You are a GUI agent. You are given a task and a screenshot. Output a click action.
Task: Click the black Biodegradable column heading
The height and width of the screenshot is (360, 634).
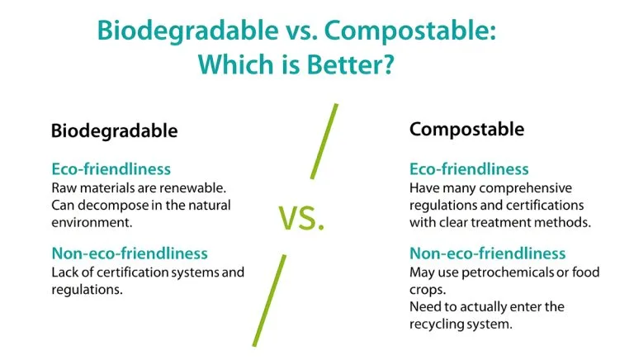pos(114,130)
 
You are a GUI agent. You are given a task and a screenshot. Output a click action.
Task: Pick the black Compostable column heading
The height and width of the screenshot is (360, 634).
pos(466,129)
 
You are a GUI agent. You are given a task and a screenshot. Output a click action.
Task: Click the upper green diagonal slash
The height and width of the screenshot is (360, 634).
pos(324,140)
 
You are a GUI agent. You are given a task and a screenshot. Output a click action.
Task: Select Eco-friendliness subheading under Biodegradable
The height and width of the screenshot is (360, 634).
pos(111,169)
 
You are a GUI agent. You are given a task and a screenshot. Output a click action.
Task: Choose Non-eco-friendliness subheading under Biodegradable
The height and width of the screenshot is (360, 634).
pos(129,253)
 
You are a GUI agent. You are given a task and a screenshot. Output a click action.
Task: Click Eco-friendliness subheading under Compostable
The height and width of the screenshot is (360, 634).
pos(469,169)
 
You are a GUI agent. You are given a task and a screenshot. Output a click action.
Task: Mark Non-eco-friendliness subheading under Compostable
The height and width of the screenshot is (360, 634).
pos(487,253)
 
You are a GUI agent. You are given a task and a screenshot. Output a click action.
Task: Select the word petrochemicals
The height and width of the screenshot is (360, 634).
pos(508,272)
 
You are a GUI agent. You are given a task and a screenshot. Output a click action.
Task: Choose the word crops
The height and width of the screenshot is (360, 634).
pos(427,290)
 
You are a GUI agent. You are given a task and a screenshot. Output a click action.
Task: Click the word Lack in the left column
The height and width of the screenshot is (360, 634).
pos(65,272)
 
